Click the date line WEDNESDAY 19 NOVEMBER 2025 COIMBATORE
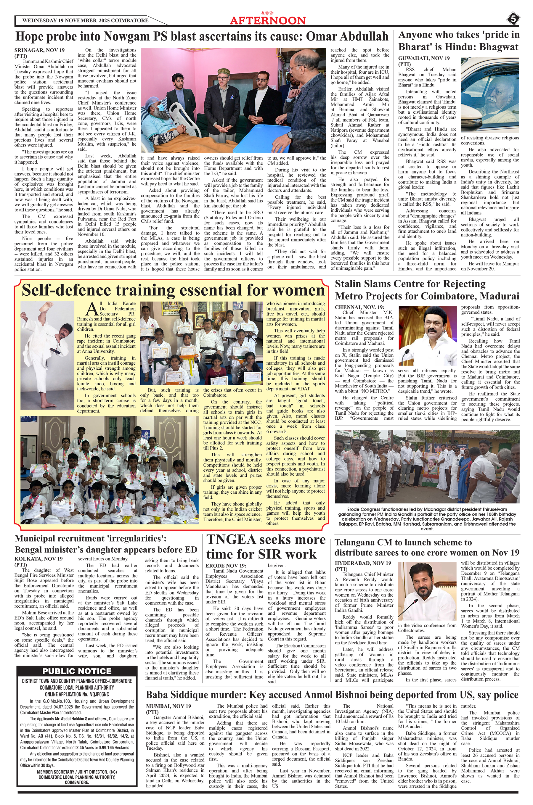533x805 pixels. click(x=85, y=20)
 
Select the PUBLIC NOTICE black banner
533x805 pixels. click(x=77, y=671)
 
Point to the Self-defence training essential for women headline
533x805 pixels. click(x=173, y=290)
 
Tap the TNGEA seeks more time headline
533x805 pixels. click(x=266, y=547)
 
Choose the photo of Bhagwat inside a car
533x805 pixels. click(x=490, y=94)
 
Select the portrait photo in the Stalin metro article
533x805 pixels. click(x=428, y=335)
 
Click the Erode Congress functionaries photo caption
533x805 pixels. click(x=427, y=519)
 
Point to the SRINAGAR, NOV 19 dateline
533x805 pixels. click(x=39, y=50)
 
